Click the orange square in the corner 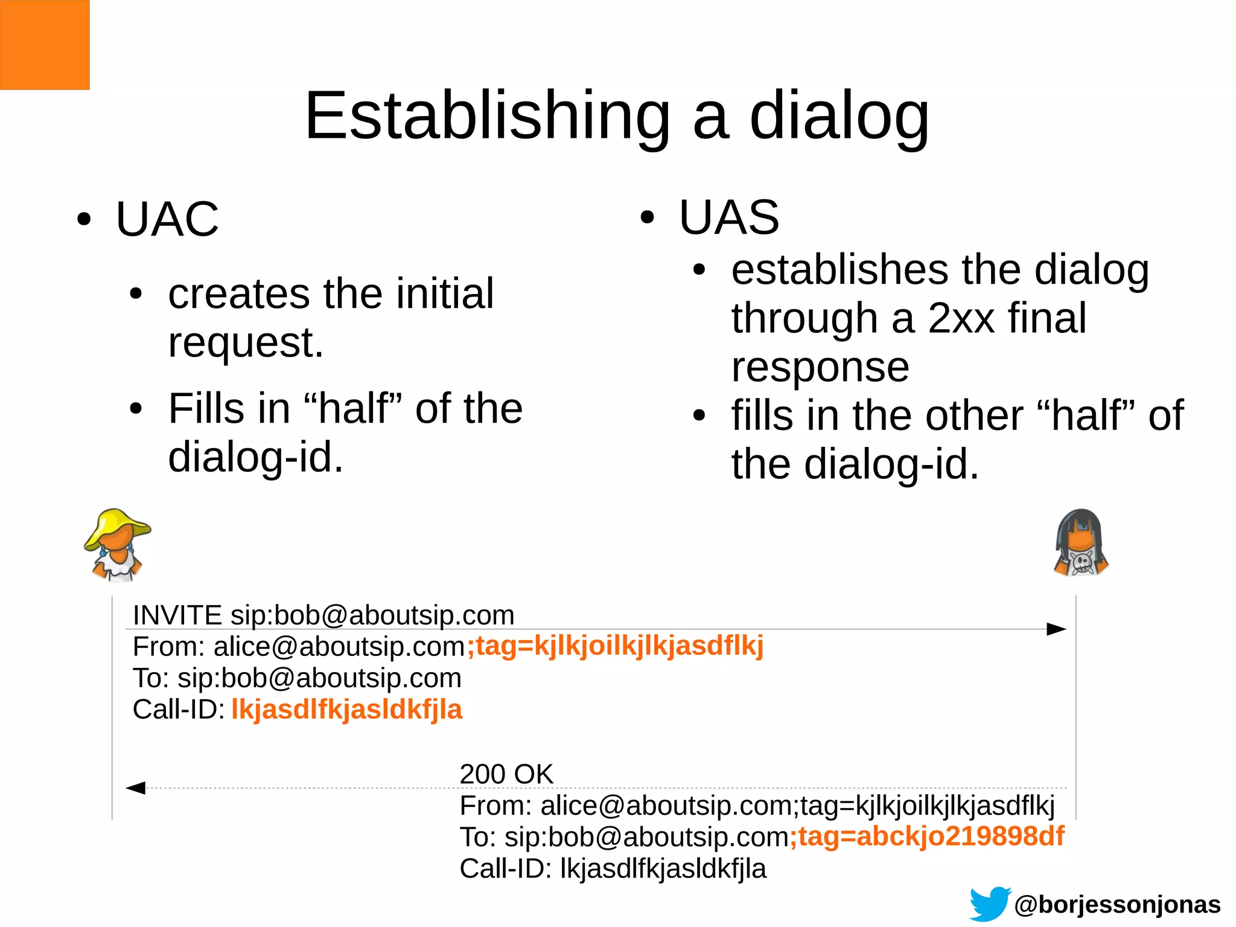click(45, 45)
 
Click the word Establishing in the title click(487, 117)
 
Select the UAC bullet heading click(167, 219)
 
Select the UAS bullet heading click(729, 217)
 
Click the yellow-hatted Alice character click(117, 545)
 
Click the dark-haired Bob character click(1081, 544)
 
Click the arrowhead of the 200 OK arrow click(136, 788)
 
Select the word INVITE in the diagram click(177, 615)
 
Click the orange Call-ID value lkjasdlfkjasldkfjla click(346, 710)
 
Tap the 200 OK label click(506, 774)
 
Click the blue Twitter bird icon click(990, 904)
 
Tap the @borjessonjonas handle click(1117, 905)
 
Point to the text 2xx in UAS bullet click(961, 318)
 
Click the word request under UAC click(245, 343)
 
